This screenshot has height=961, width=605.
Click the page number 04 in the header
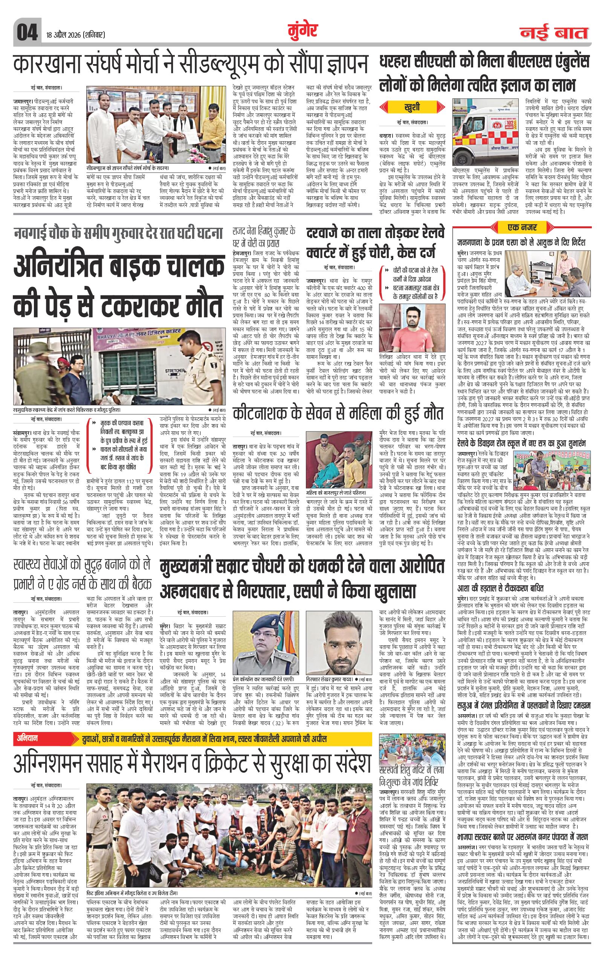pyautogui.click(x=26, y=32)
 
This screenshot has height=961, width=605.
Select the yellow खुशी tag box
pyautogui.click(x=411, y=107)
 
